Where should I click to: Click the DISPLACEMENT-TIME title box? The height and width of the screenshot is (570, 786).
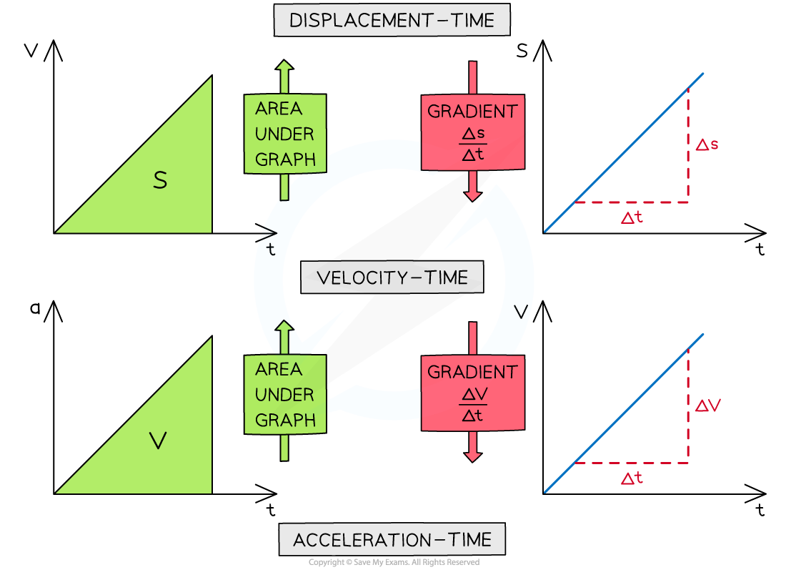click(x=392, y=21)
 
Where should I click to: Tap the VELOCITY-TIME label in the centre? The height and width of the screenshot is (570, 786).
click(x=392, y=277)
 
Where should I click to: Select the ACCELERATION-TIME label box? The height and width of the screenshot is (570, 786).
click(x=392, y=539)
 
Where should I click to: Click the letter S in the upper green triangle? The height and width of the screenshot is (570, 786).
click(x=160, y=181)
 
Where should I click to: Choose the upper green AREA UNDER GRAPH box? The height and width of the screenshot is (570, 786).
click(x=285, y=134)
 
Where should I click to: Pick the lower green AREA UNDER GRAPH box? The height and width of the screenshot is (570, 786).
click(x=285, y=395)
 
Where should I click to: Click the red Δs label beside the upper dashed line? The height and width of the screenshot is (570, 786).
click(x=707, y=144)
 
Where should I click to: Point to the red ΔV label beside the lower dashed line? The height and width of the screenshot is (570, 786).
click(x=708, y=406)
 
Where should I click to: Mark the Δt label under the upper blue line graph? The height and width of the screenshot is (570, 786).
click(x=632, y=218)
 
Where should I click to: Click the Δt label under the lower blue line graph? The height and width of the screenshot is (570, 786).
click(x=632, y=479)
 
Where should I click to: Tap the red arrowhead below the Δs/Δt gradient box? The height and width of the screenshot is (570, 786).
click(x=472, y=195)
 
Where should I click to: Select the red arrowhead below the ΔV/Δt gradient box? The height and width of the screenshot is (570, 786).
click(x=472, y=456)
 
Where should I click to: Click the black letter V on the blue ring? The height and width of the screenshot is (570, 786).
click(x=521, y=312)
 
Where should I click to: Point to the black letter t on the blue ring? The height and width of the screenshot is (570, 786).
click(x=270, y=250)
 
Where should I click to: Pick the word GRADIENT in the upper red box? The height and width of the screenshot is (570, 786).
click(x=472, y=112)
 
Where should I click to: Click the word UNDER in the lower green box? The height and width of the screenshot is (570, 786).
click(x=284, y=395)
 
